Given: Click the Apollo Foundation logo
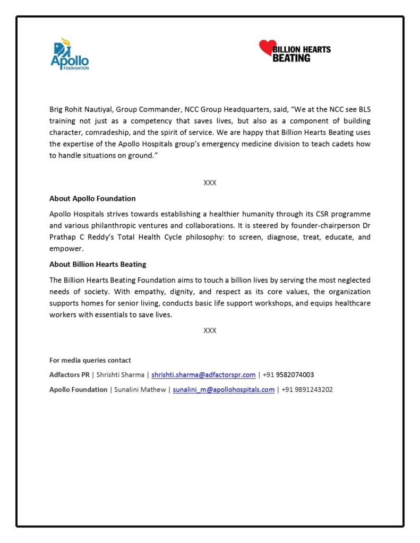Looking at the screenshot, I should (x=70, y=54).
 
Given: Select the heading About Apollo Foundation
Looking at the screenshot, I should (x=92, y=198).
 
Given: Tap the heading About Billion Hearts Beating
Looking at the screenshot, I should (x=98, y=264).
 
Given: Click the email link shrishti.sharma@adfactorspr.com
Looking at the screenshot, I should (x=203, y=374).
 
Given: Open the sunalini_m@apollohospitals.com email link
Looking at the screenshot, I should (x=224, y=389).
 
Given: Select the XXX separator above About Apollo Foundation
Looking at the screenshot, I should (x=210, y=182).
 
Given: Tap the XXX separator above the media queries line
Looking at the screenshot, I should (x=210, y=330).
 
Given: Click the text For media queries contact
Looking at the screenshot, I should (x=90, y=360).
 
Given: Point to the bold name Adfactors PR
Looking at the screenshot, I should (x=70, y=374).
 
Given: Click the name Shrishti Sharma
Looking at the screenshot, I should (x=120, y=374).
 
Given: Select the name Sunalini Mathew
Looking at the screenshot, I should (x=140, y=389).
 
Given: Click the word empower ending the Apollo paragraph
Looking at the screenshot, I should (x=66, y=248).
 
